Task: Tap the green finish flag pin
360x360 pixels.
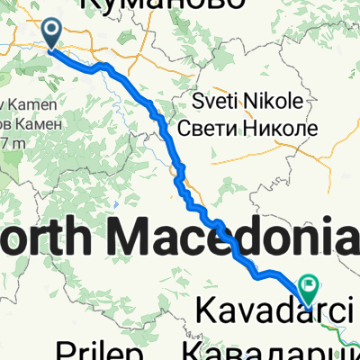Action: pos(310,286)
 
